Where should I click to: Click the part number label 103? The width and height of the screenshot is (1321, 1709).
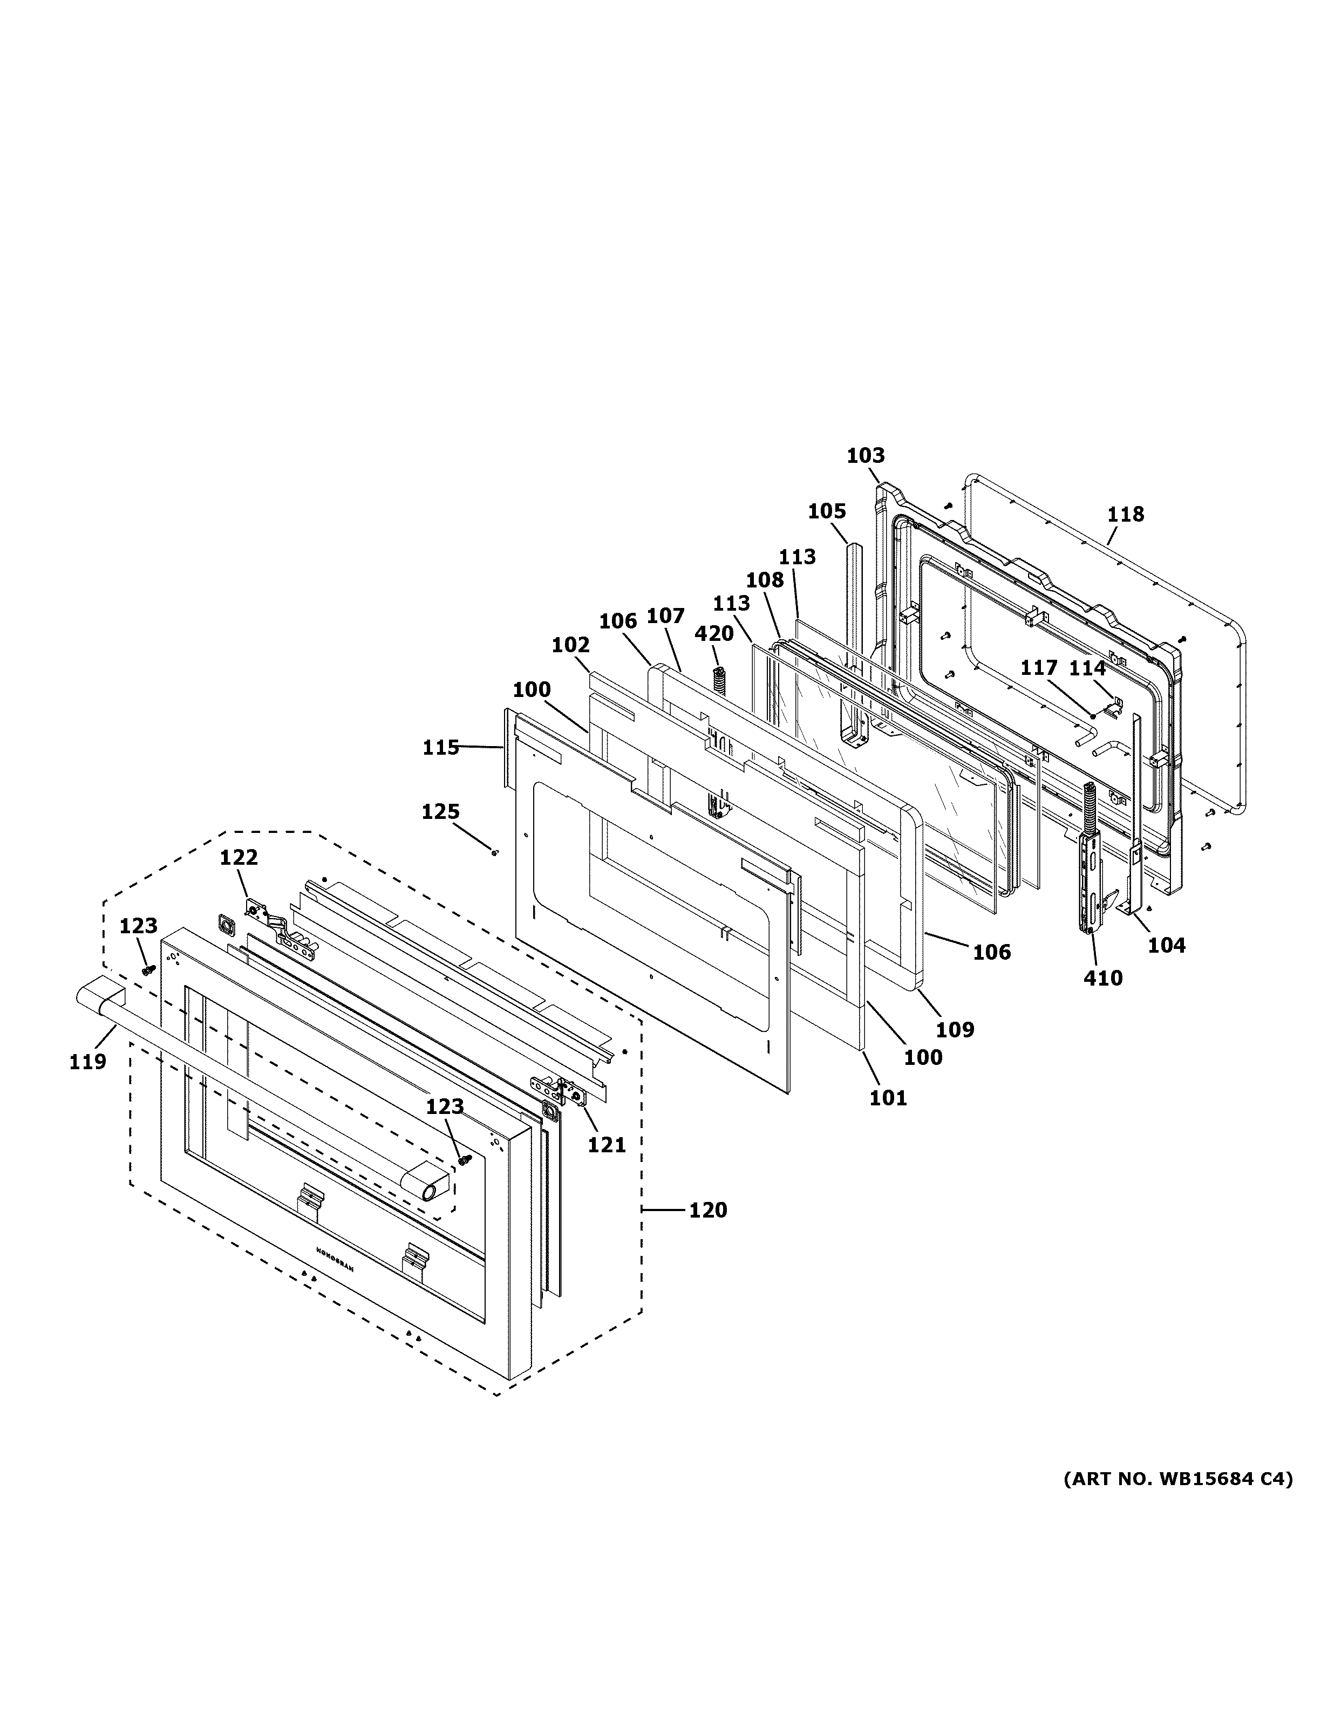(x=866, y=455)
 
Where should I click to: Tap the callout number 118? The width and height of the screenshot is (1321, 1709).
(x=1125, y=514)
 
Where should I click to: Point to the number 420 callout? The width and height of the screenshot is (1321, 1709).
(x=714, y=634)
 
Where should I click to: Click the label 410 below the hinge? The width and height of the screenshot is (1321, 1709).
(x=1102, y=978)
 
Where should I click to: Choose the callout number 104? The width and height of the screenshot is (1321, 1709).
(x=1166, y=945)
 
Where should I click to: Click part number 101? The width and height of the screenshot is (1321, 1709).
(x=888, y=1098)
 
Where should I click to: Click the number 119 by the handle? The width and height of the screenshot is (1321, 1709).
(x=87, y=1062)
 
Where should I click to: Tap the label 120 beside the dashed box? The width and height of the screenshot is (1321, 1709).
(x=707, y=1210)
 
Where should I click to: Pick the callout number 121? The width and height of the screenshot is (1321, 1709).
(x=607, y=1145)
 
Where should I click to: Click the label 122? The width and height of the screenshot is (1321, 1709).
(x=238, y=858)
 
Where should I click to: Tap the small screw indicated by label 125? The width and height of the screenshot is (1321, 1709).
(x=495, y=852)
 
